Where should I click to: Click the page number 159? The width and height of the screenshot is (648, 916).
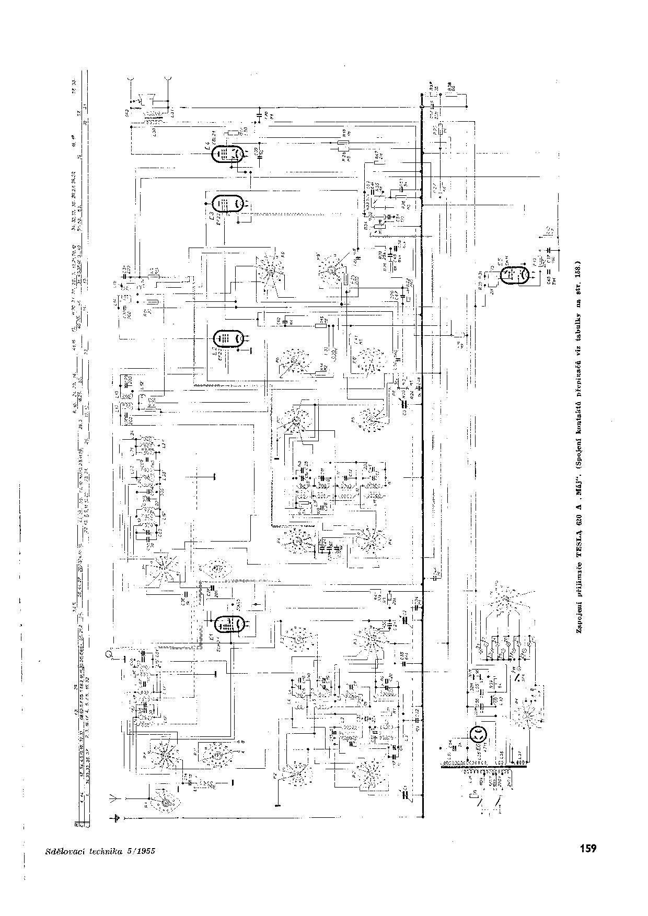point(587,848)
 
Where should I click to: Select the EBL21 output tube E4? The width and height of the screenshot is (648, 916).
point(228,155)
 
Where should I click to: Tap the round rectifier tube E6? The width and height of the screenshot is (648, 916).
point(478,735)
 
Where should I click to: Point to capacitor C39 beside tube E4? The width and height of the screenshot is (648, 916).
point(257,151)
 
